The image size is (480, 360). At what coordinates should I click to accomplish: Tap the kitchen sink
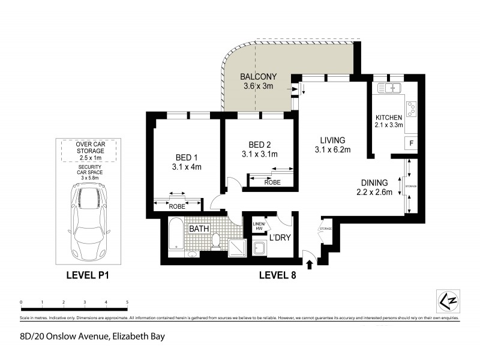[x=389, y=89]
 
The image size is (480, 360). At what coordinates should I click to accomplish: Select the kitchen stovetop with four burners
[x=412, y=109]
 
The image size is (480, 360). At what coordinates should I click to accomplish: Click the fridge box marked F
[x=412, y=143]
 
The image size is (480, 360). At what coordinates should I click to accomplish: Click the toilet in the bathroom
[x=216, y=241]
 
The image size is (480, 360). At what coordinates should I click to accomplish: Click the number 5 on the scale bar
[x=127, y=302]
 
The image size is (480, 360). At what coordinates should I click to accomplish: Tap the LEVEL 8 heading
[x=277, y=277]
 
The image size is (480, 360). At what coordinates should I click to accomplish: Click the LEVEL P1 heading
[x=90, y=277]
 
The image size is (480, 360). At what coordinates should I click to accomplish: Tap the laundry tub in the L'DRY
[x=260, y=248]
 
